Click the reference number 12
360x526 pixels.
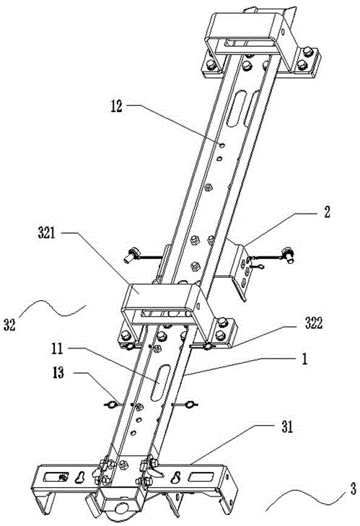(117, 107)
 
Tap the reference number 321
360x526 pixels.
(46, 233)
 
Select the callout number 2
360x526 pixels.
(327, 211)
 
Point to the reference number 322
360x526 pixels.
(314, 323)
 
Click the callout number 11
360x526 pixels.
(57, 349)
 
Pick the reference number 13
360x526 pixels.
(58, 372)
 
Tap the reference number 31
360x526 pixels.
(287, 427)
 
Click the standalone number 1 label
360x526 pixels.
(304, 359)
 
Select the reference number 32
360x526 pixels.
(9, 325)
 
